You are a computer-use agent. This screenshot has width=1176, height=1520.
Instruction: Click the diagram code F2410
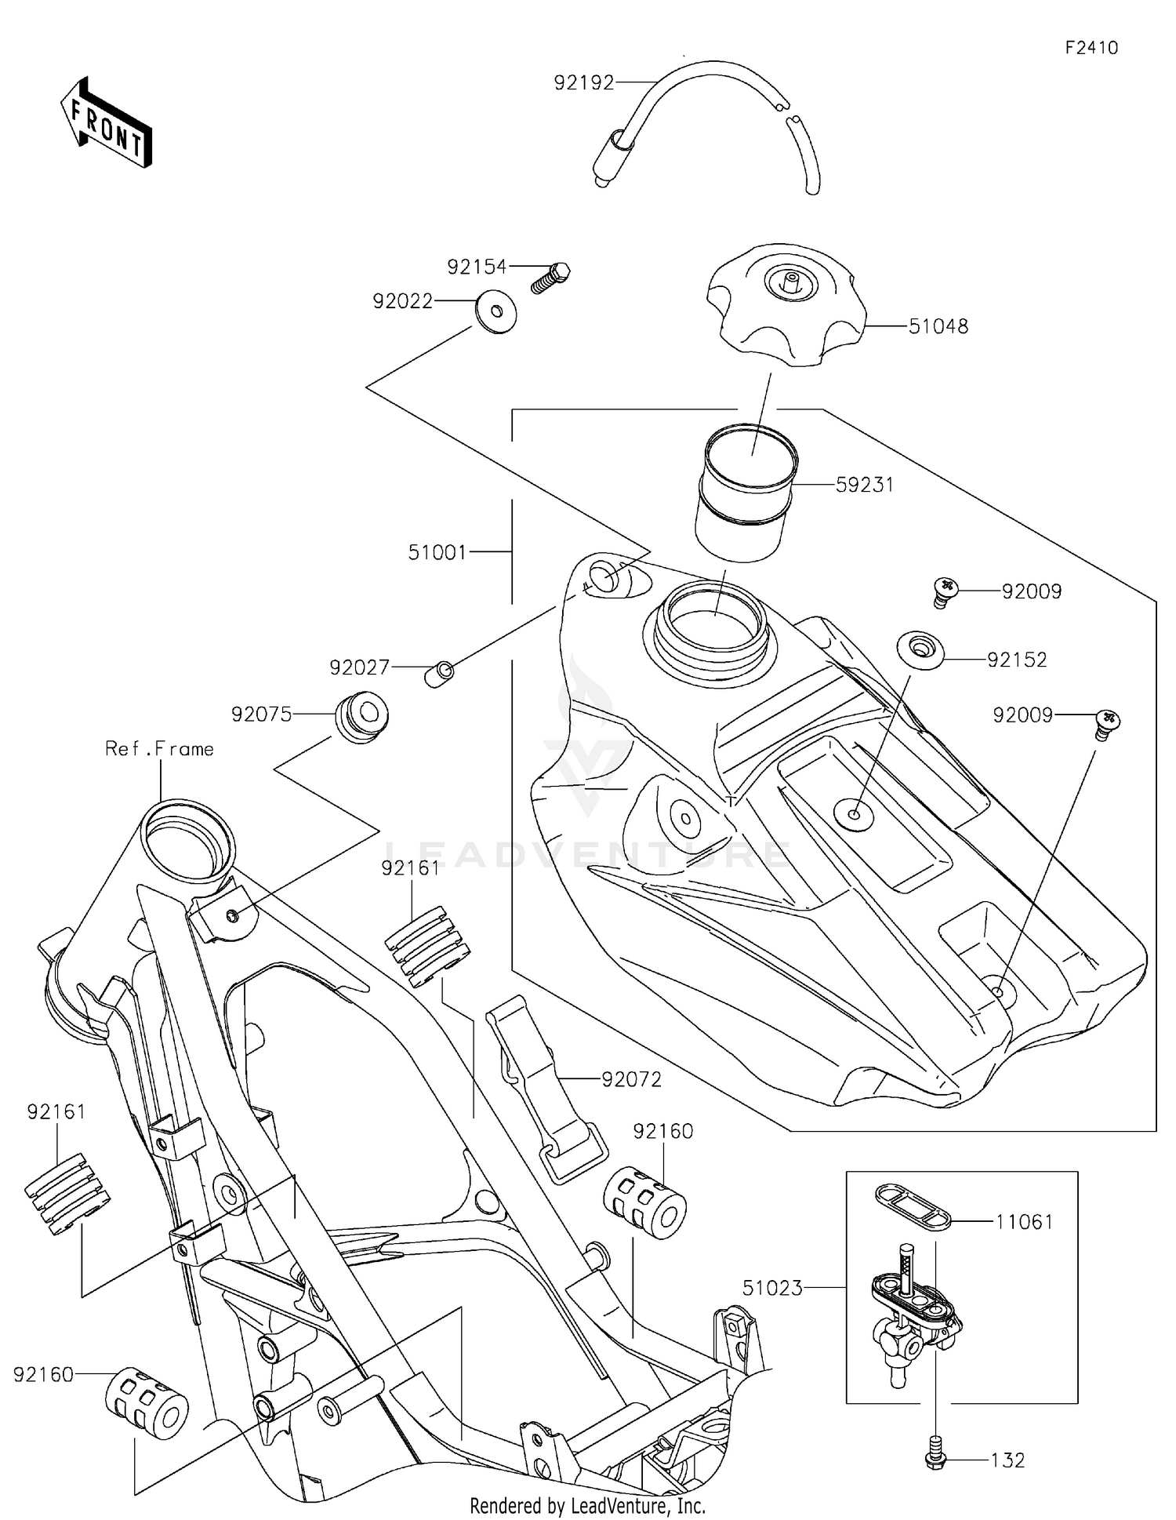point(1091,48)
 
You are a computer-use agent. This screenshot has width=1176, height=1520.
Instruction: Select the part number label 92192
point(584,82)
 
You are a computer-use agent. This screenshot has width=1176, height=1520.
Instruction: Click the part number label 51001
point(437,552)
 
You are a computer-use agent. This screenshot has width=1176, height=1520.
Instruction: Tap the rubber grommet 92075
point(361,716)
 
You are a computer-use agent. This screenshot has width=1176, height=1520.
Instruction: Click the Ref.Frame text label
point(159,749)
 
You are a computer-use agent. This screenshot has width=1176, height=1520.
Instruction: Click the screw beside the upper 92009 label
point(946,591)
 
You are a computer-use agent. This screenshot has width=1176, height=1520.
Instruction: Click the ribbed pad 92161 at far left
point(67,1194)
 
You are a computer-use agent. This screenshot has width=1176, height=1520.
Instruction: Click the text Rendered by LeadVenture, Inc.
point(587,1505)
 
